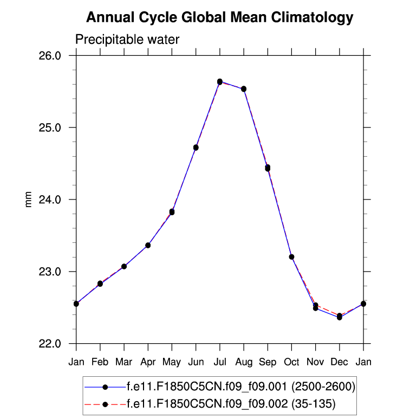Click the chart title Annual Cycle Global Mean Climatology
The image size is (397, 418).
click(219, 17)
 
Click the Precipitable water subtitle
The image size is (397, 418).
click(127, 40)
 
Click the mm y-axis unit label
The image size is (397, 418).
click(29, 200)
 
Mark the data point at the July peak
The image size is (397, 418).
click(220, 82)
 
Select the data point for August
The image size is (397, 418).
click(244, 89)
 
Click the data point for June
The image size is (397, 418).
click(196, 147)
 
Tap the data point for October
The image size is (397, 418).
click(291, 257)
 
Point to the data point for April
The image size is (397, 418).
click(148, 245)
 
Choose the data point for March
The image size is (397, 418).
click(124, 266)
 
